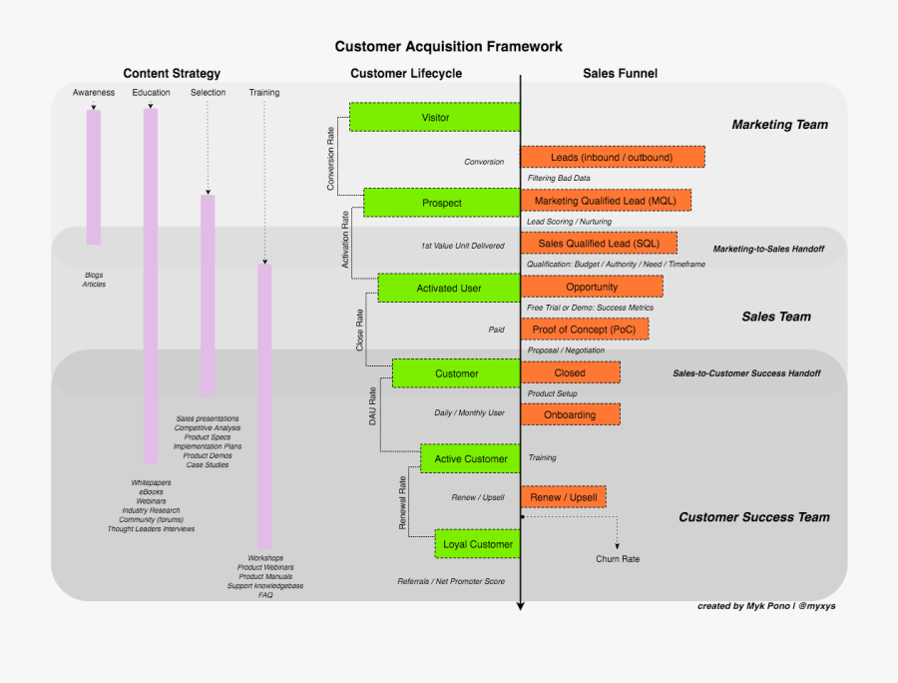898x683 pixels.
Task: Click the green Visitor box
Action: point(435,117)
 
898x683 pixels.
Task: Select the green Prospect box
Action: point(441,203)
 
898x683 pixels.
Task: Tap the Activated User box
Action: point(449,289)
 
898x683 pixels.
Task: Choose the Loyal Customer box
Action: point(477,544)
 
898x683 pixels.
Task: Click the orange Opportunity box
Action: point(592,287)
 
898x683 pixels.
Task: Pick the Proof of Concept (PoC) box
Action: point(584,330)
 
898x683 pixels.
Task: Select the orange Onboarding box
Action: point(570,414)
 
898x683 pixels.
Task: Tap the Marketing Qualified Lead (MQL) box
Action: point(605,201)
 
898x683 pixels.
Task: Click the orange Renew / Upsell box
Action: point(564,496)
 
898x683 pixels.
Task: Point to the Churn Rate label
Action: point(618,559)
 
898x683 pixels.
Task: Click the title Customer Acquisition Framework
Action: point(448,46)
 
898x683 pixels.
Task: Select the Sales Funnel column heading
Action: point(620,73)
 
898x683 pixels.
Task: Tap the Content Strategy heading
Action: point(172,73)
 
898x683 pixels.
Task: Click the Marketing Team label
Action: point(779,125)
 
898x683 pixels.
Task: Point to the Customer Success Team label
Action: point(753,517)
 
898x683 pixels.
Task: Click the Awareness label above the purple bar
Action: point(94,93)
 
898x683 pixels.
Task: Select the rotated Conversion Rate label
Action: point(331,158)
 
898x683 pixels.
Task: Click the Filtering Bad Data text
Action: point(558,179)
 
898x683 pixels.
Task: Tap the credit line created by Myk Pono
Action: point(765,606)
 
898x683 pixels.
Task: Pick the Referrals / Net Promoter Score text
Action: point(451,581)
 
